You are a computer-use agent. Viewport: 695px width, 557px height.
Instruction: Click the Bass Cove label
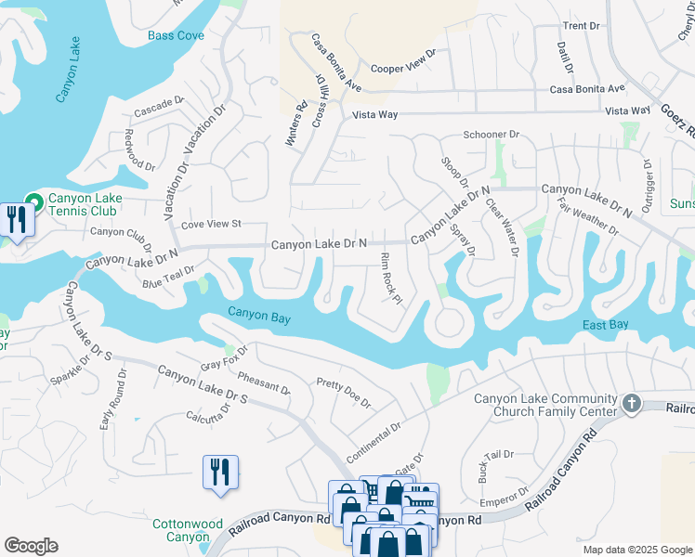pos(177,36)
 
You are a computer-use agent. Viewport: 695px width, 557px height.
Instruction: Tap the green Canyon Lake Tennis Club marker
pos(34,201)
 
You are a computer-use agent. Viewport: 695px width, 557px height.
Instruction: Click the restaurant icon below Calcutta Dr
pos(220,472)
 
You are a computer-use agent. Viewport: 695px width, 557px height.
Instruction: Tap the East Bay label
pos(606,324)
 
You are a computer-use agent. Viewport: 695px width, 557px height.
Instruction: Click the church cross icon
pos(632,403)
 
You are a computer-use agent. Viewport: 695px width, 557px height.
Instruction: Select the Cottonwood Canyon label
pos(188,530)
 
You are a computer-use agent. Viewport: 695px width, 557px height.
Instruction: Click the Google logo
pos(31,546)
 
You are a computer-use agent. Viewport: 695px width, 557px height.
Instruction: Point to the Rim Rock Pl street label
pos(391,278)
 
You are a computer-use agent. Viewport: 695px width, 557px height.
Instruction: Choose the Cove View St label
pos(211,224)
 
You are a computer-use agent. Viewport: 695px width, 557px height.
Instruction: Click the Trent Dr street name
pos(582,26)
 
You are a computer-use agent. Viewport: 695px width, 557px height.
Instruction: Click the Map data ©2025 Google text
pos(636,550)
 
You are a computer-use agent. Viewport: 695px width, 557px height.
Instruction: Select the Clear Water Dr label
pos(502,227)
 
